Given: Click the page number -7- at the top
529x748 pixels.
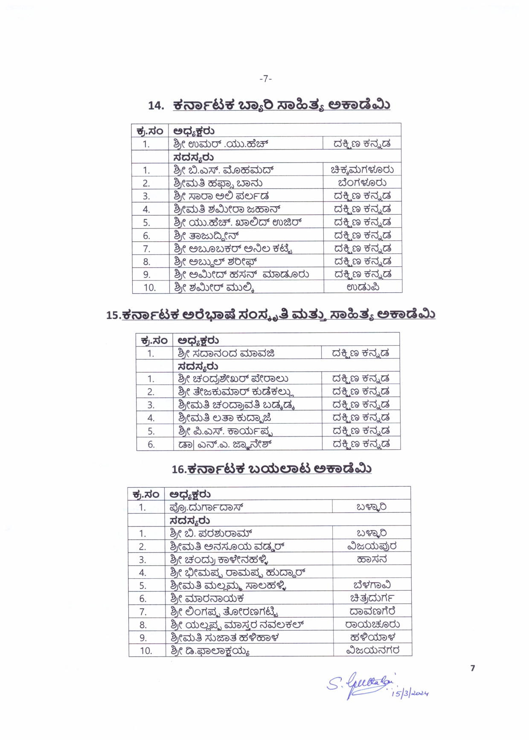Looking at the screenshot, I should [x=265, y=79].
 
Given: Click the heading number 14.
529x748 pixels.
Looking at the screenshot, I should [x=156, y=106].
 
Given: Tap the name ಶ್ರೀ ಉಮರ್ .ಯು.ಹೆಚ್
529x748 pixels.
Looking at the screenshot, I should [x=221, y=144].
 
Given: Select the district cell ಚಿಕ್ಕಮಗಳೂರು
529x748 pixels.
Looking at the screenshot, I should [x=362, y=170].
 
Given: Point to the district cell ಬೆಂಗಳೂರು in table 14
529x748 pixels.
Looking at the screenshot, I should [x=362, y=183].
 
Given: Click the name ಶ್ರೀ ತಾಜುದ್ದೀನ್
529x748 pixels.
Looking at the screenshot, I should [x=206, y=235].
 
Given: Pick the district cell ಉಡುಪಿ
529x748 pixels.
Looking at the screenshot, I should [x=363, y=287].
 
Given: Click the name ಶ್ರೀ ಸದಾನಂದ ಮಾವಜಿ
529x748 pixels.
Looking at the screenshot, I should [x=226, y=353].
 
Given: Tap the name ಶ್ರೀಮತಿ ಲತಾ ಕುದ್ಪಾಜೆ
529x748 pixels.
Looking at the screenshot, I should [x=224, y=417].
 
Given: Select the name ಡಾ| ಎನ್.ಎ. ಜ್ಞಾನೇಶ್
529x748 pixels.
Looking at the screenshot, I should [x=225, y=444].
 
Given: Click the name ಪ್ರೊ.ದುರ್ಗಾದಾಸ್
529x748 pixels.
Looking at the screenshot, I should [x=206, y=507].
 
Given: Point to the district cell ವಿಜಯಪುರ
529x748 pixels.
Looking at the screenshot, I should [x=372, y=546].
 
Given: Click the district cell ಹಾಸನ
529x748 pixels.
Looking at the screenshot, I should [x=372, y=559].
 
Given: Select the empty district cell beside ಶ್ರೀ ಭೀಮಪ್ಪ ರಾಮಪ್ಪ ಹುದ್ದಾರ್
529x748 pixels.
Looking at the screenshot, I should [x=372, y=572].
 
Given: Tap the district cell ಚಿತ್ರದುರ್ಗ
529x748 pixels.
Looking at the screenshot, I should [x=372, y=598].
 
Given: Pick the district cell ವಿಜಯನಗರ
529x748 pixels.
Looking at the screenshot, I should [x=372, y=650].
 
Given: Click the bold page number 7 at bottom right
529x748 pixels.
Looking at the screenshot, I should [x=472, y=668].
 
